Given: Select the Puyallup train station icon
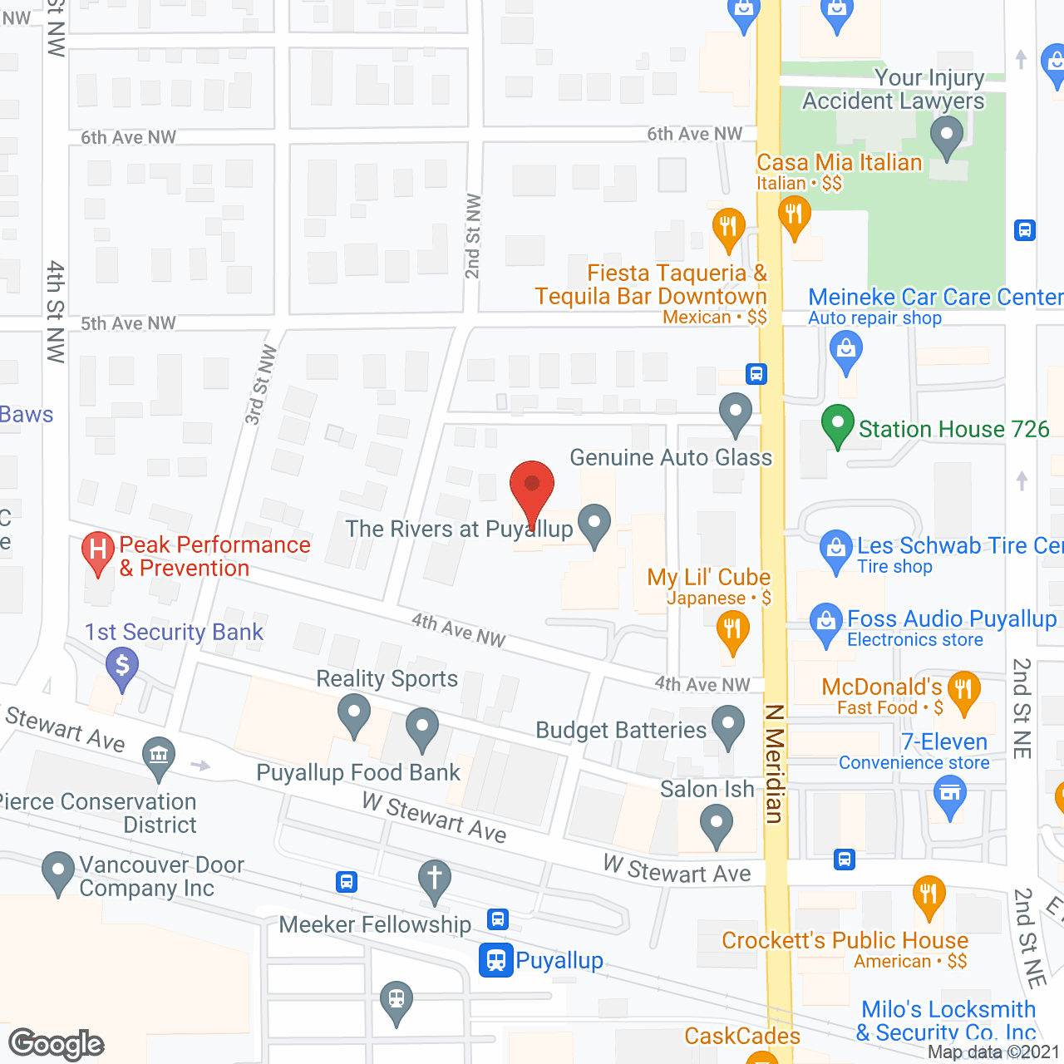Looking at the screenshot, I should coord(495,960).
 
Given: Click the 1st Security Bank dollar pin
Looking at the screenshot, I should coord(122,667).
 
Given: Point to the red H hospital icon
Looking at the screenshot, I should coord(98,551).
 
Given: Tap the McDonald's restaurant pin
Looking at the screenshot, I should coord(963,691).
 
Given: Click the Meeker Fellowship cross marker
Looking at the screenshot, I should coord(434,879).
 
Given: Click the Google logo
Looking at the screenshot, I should coord(56,1044).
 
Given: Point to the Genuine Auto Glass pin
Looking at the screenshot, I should coord(736,412).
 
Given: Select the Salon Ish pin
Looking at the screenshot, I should coord(716,825).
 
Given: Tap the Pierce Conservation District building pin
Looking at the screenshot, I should coord(159,756).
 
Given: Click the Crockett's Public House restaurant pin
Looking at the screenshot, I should coord(929,896).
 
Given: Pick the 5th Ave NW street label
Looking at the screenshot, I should coord(128,323).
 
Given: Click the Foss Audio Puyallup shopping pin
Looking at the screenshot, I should coord(825,623).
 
